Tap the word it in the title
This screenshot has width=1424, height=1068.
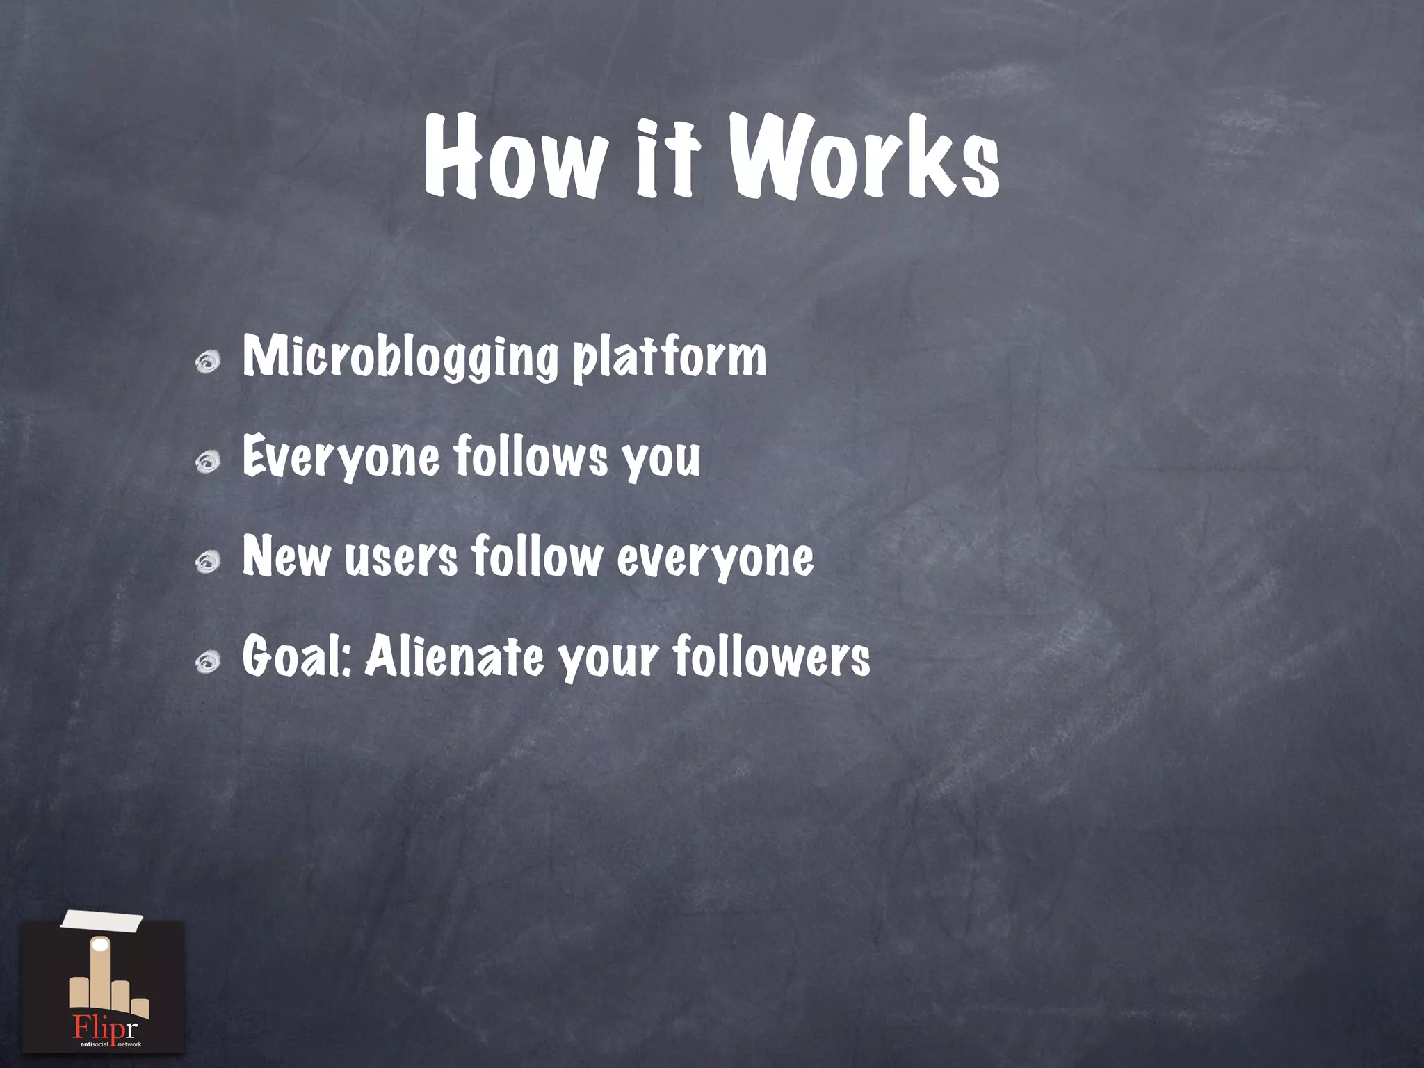[667, 159]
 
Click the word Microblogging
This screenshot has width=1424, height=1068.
[400, 357]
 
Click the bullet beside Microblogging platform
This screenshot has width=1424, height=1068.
[208, 362]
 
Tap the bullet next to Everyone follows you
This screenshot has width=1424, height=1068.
[208, 462]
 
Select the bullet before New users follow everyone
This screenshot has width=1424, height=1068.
[208, 561]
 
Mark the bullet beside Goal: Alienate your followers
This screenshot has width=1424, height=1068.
[208, 661]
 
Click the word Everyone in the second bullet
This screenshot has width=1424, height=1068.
[341, 457]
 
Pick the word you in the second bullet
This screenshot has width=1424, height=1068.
[661, 459]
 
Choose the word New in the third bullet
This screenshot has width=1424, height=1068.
[286, 556]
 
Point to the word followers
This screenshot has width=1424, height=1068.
[772, 656]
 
